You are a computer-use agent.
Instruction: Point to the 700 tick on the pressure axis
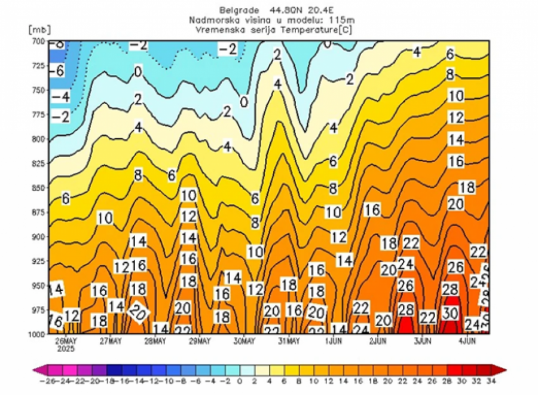pos(37,41)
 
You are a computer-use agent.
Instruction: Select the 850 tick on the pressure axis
pos(37,187)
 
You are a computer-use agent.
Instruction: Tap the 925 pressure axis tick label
pos(37,261)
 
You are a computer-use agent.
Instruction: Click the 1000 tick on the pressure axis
pos(36,334)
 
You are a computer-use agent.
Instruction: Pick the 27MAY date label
pos(109,342)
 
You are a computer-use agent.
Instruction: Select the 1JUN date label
pos(333,342)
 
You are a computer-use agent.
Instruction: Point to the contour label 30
pos(453,312)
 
